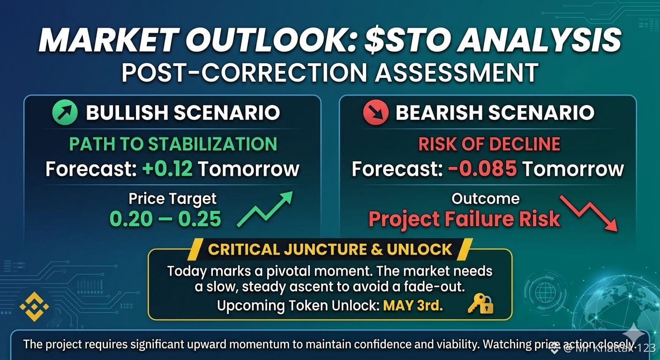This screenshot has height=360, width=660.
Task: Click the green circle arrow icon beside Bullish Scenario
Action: (65, 112)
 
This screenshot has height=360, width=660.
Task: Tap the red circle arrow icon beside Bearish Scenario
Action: (375, 112)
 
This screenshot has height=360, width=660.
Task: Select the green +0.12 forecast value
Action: (167, 168)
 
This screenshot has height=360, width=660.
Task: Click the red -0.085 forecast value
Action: (482, 168)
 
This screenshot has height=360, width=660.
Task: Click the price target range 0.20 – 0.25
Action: (165, 218)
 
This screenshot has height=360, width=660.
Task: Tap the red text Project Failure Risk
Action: (465, 219)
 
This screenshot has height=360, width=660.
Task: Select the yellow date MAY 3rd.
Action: (413, 306)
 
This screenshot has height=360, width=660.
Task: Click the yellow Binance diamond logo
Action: (34, 307)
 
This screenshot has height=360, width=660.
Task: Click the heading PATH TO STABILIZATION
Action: (173, 144)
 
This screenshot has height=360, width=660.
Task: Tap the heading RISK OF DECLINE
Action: (489, 144)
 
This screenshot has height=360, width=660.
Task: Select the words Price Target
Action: (172, 199)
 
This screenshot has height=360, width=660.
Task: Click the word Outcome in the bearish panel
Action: (486, 199)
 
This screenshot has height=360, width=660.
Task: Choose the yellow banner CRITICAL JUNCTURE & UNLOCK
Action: (330, 249)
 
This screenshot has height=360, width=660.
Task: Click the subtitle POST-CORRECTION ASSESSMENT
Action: (330, 73)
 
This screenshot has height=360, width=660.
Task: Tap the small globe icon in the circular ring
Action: (545, 292)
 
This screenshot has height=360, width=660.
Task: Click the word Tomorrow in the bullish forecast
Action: (249, 169)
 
